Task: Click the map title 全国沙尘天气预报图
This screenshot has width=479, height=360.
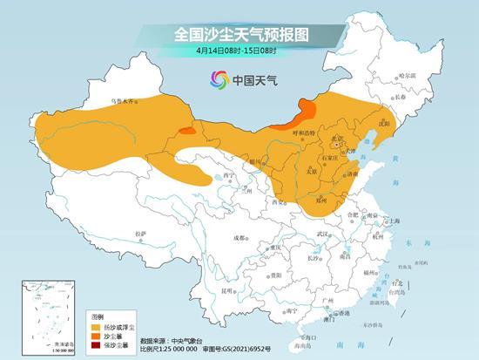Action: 240,34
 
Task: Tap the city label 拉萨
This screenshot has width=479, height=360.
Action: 141,234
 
